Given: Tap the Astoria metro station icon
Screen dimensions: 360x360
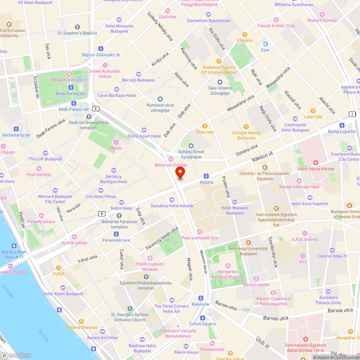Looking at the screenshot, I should (206, 176).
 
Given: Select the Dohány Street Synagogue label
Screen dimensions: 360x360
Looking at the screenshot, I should (191, 154).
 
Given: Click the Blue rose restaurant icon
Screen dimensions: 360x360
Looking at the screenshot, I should (205, 126).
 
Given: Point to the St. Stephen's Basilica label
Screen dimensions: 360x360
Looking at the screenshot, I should (77, 33).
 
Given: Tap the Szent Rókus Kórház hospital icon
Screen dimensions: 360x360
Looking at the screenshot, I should (315, 163).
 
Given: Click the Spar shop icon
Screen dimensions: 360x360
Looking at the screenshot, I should (265, 44).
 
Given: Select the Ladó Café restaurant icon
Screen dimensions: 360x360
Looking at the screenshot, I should (313, 111).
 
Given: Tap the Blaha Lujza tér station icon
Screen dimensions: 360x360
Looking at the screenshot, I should (342, 126).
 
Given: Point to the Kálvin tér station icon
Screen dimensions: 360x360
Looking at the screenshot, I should (201, 298).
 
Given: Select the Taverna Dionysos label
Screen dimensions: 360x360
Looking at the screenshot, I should (81, 327).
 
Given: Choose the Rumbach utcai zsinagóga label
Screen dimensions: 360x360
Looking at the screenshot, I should (160, 108).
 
